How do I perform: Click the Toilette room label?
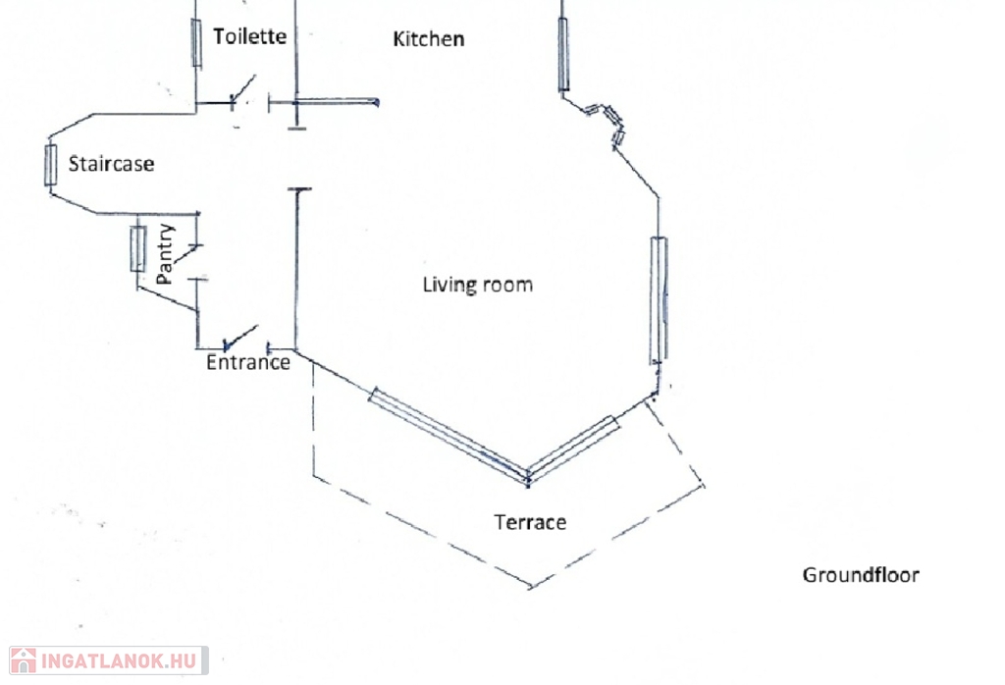(x=250, y=36)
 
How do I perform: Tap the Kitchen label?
(x=428, y=39)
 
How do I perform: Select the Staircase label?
(x=111, y=164)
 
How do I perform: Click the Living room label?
(x=477, y=285)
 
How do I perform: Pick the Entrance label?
(x=248, y=362)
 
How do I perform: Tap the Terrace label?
(x=530, y=522)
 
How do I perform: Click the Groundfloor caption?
(x=861, y=575)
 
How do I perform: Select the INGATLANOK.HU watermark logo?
(x=108, y=660)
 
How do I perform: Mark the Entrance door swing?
(x=240, y=337)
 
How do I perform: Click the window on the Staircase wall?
(x=51, y=165)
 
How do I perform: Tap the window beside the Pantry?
(x=138, y=248)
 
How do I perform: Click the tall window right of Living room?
(x=659, y=298)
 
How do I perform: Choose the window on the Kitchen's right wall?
(x=563, y=54)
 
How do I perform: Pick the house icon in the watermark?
(x=23, y=660)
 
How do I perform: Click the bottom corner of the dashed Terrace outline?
(x=531, y=588)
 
